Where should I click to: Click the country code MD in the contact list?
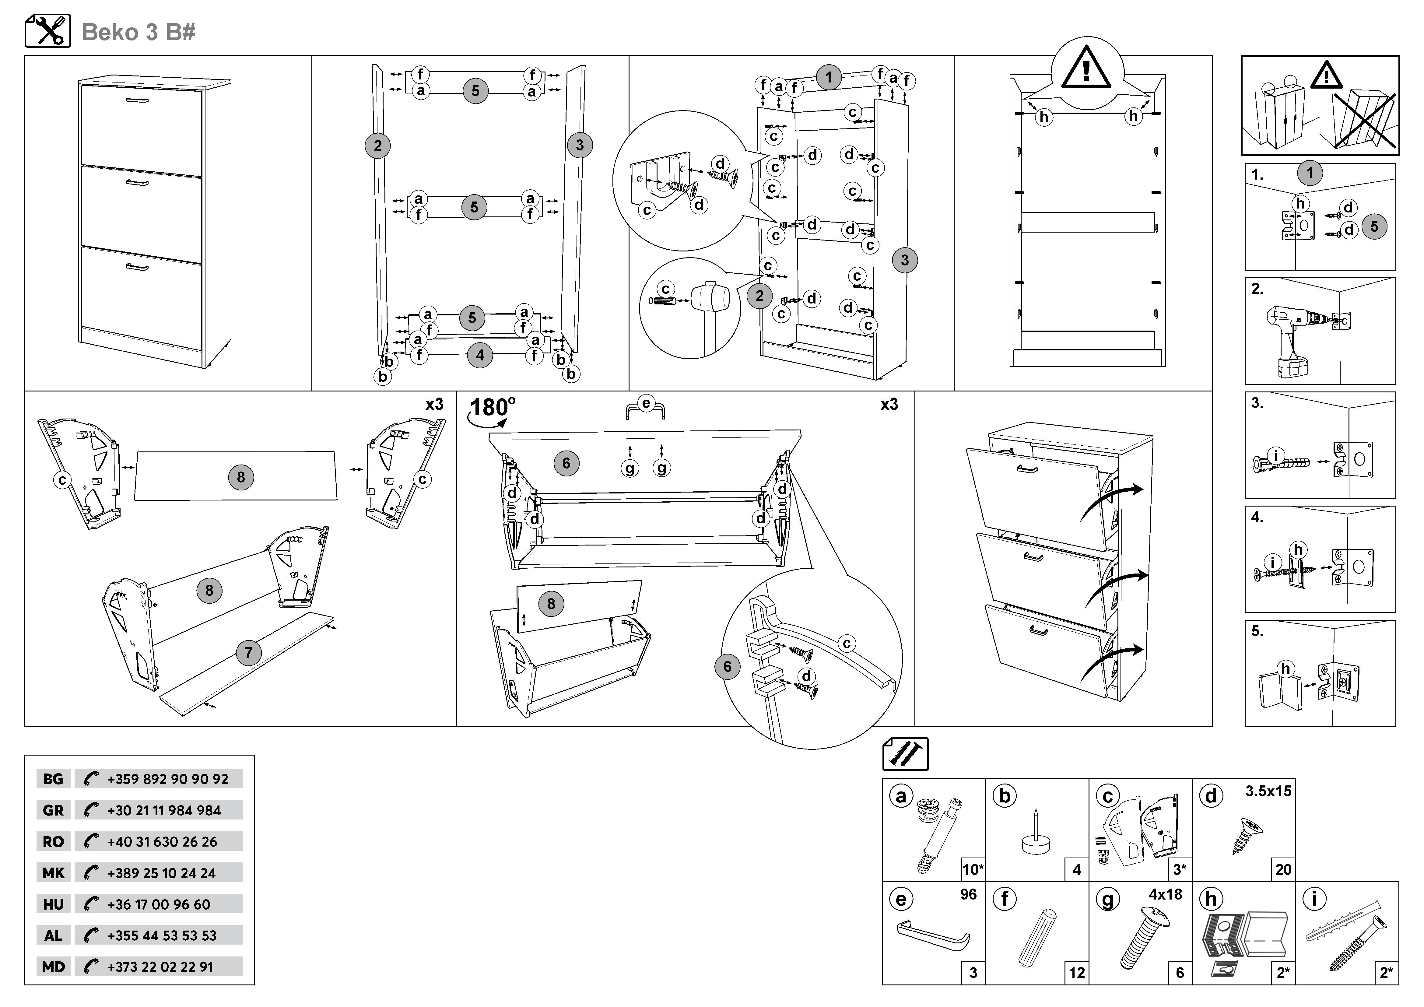coord(53,967)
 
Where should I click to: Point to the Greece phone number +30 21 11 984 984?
coord(164,810)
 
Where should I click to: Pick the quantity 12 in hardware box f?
coord(1077,973)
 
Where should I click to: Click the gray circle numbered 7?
coord(248,652)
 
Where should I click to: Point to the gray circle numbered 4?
coord(479,355)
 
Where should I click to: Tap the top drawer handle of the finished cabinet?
coord(137,100)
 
